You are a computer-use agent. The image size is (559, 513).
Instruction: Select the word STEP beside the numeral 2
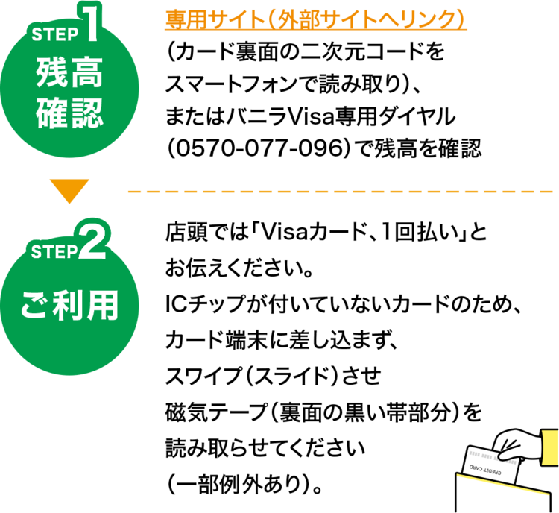[x=54, y=251]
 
